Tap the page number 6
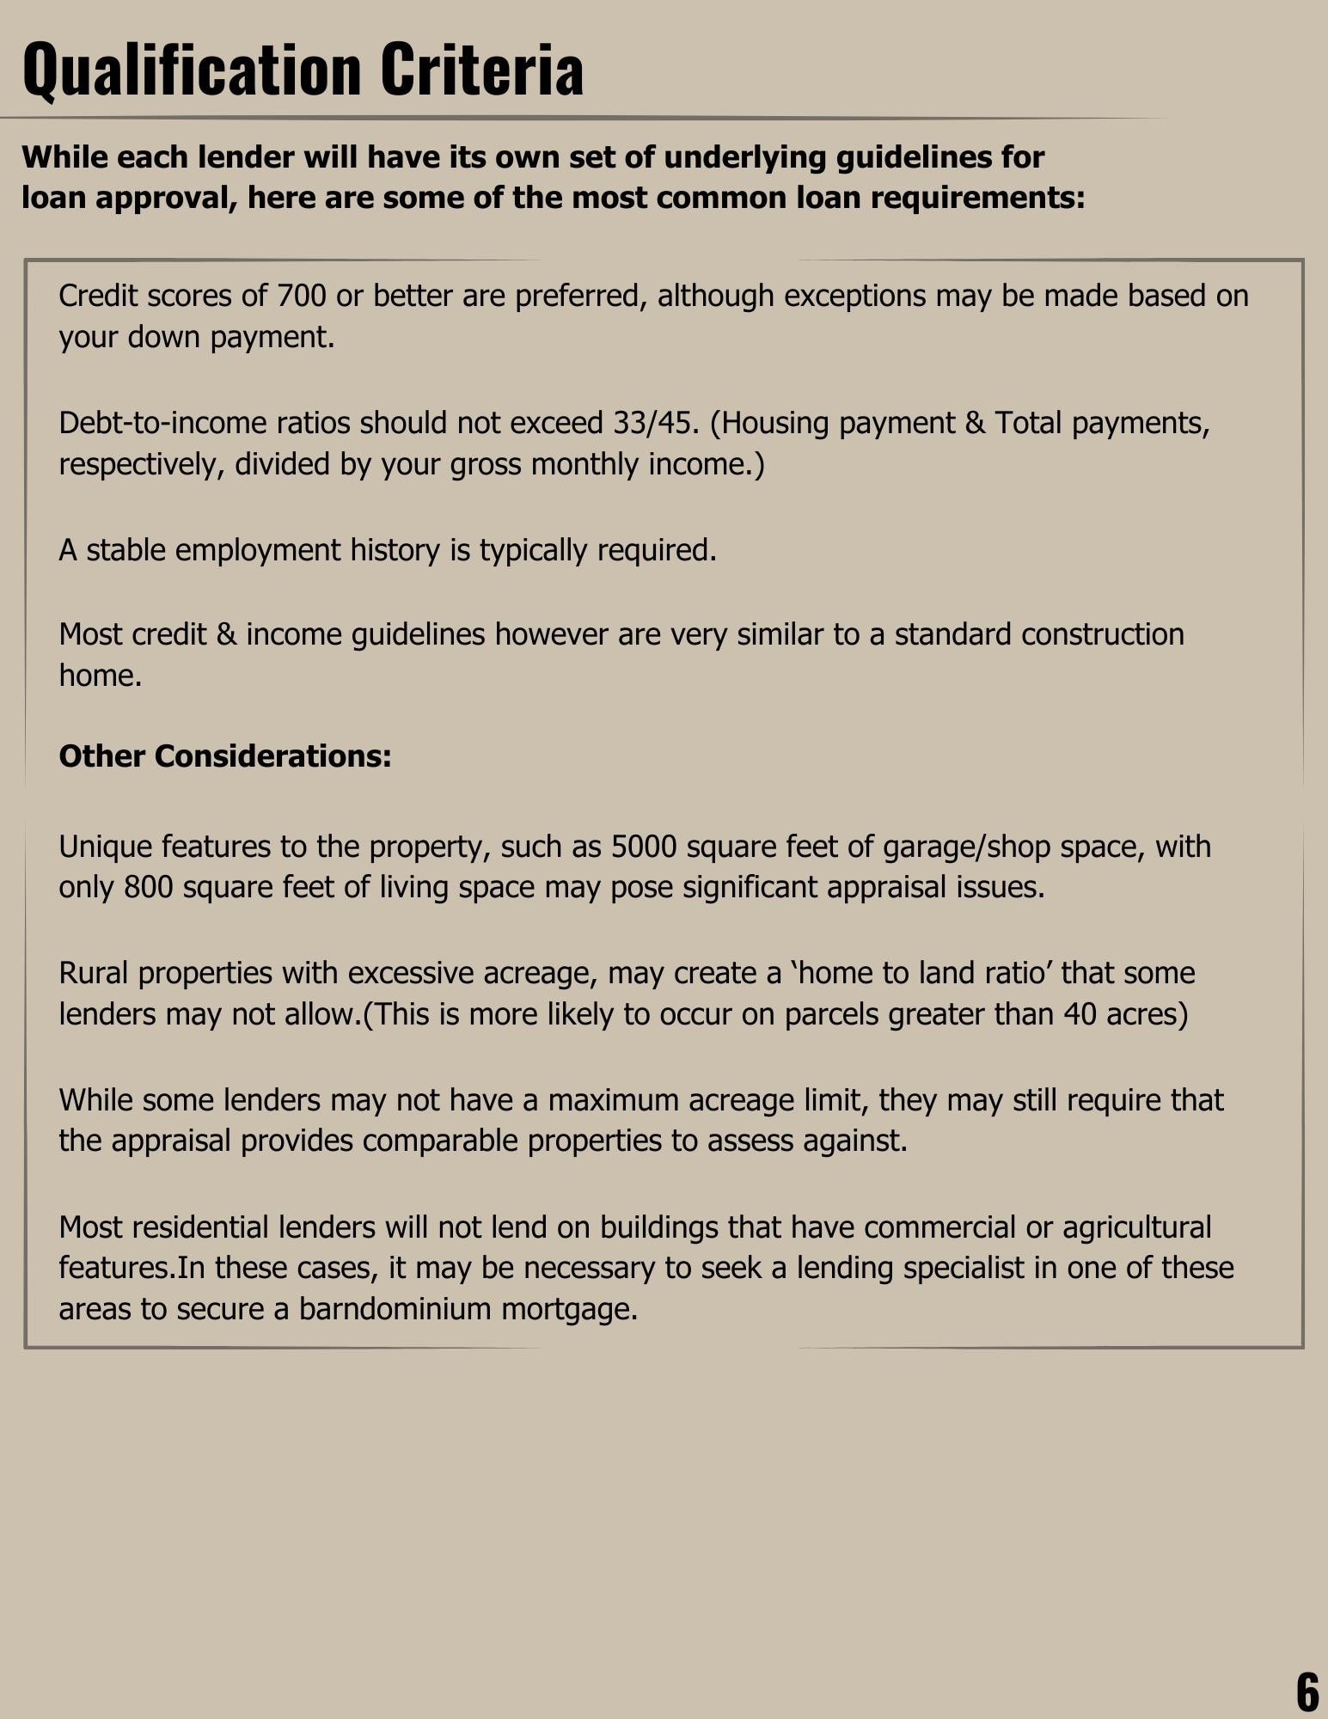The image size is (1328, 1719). (x=1307, y=1691)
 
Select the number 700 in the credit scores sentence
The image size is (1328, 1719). (x=301, y=296)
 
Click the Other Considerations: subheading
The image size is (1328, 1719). (x=225, y=756)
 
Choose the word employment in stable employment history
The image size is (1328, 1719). (x=258, y=550)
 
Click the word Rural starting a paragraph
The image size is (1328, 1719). (x=94, y=973)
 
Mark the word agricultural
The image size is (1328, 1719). (x=1136, y=1227)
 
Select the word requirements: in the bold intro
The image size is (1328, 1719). (x=978, y=198)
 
